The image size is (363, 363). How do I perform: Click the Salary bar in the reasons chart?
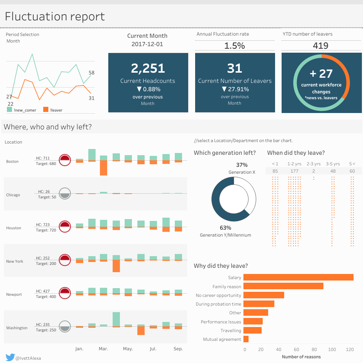[x=298, y=277]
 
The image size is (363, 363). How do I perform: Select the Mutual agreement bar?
[x=246, y=339]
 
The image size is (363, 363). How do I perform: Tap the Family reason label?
[x=227, y=287]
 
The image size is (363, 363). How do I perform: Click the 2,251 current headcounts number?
[x=148, y=68]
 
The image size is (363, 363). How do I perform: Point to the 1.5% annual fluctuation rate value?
[x=234, y=46]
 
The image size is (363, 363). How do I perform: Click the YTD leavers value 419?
[x=320, y=46]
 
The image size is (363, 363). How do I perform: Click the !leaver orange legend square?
[x=46, y=109]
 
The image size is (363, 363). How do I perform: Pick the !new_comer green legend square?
[x=9, y=109]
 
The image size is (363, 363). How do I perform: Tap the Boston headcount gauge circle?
[x=65, y=160]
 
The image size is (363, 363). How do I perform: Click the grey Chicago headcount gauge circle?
[x=65, y=194]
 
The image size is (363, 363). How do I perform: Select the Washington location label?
[x=17, y=328]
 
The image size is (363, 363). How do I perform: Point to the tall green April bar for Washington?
[x=116, y=319]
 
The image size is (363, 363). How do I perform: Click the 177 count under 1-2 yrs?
[x=294, y=171]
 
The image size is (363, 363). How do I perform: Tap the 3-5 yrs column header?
[x=333, y=164]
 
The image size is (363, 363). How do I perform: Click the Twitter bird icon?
[x=10, y=357]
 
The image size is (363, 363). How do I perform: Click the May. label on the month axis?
[x=128, y=349]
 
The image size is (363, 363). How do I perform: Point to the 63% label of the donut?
[x=225, y=228]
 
